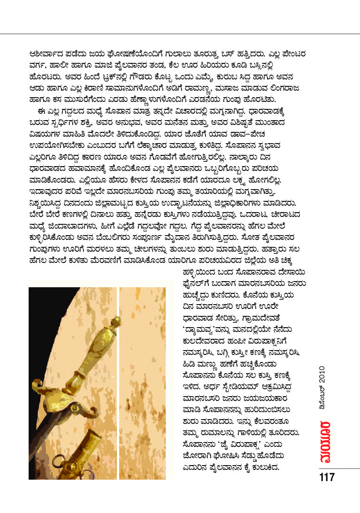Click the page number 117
[327, 478]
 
